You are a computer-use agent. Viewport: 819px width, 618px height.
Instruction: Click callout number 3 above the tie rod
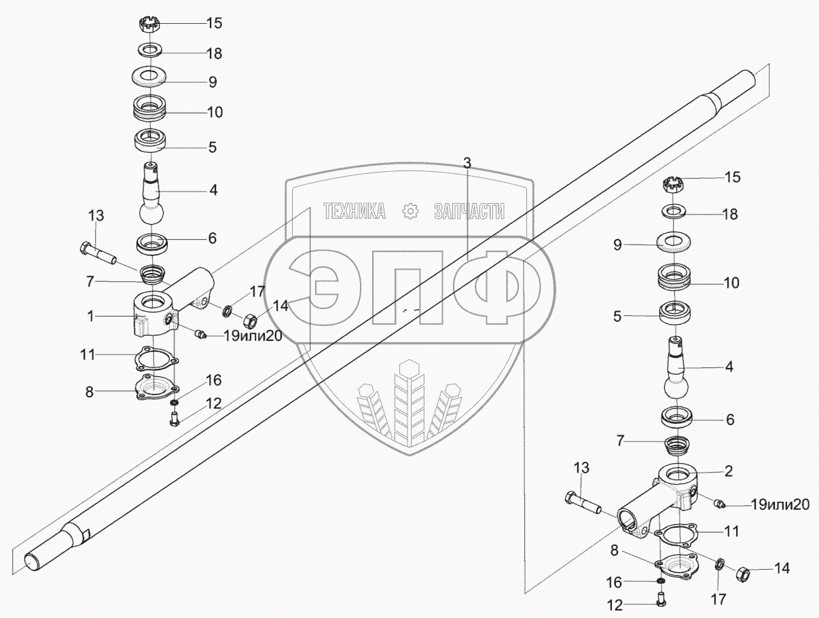tap(467, 162)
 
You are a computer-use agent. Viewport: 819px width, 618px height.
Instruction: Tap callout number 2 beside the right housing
tap(729, 470)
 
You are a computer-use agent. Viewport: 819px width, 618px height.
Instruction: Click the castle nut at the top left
tap(149, 25)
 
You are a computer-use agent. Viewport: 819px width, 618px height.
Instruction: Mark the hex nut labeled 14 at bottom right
tap(742, 574)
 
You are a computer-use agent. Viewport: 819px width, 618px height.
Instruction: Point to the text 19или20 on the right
tap(780, 505)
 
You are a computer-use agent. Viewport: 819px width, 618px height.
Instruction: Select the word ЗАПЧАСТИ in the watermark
tap(469, 212)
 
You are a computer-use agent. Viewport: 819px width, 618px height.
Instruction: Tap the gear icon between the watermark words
tap(410, 212)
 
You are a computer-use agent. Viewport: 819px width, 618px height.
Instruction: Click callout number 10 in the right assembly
tap(731, 283)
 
